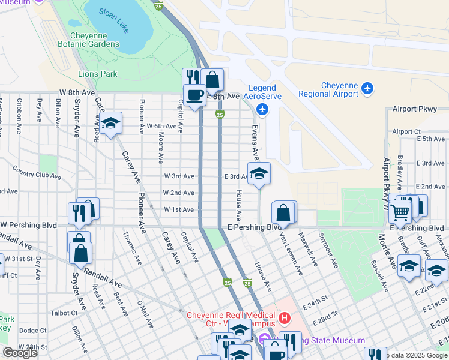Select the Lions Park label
[x=98, y=74]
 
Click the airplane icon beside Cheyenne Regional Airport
[x=367, y=89]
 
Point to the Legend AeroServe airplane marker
[x=262, y=109]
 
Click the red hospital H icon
[x=285, y=316]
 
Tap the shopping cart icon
[x=400, y=211]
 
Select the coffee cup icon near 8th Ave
[x=194, y=95]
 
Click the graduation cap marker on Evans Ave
[x=259, y=174]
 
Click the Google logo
[x=20, y=353]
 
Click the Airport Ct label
[x=406, y=131]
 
